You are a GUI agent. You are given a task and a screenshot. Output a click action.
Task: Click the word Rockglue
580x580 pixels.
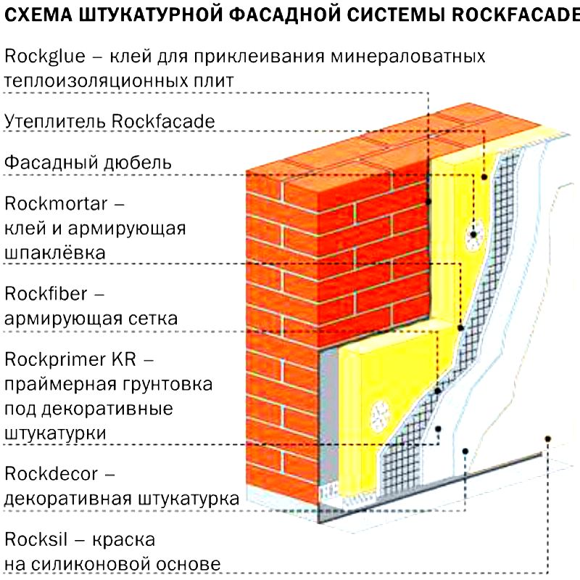45,57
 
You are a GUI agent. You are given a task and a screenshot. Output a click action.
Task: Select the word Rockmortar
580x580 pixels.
56,203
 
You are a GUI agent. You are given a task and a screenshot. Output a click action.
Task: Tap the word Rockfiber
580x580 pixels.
46,293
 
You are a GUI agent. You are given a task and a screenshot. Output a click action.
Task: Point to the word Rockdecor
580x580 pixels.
51,473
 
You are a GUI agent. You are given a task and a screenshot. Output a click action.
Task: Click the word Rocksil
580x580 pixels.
36,539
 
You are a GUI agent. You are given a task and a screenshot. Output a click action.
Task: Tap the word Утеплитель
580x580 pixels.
55,121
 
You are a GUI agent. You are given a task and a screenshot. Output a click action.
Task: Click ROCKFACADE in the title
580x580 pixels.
515,15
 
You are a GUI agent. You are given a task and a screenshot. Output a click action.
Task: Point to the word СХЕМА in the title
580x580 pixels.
38,15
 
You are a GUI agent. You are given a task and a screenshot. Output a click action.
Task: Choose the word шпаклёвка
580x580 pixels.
55,253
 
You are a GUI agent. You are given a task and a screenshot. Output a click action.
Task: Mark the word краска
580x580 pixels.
123,540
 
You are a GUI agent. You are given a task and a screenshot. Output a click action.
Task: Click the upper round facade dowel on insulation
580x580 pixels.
473,234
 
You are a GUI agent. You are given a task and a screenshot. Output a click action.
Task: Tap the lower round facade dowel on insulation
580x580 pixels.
380,416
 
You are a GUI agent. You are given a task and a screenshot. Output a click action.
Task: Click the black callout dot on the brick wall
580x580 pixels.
428,202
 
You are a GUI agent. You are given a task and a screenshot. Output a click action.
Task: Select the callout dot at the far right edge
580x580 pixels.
548,439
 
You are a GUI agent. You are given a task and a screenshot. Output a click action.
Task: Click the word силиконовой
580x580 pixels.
91,565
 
